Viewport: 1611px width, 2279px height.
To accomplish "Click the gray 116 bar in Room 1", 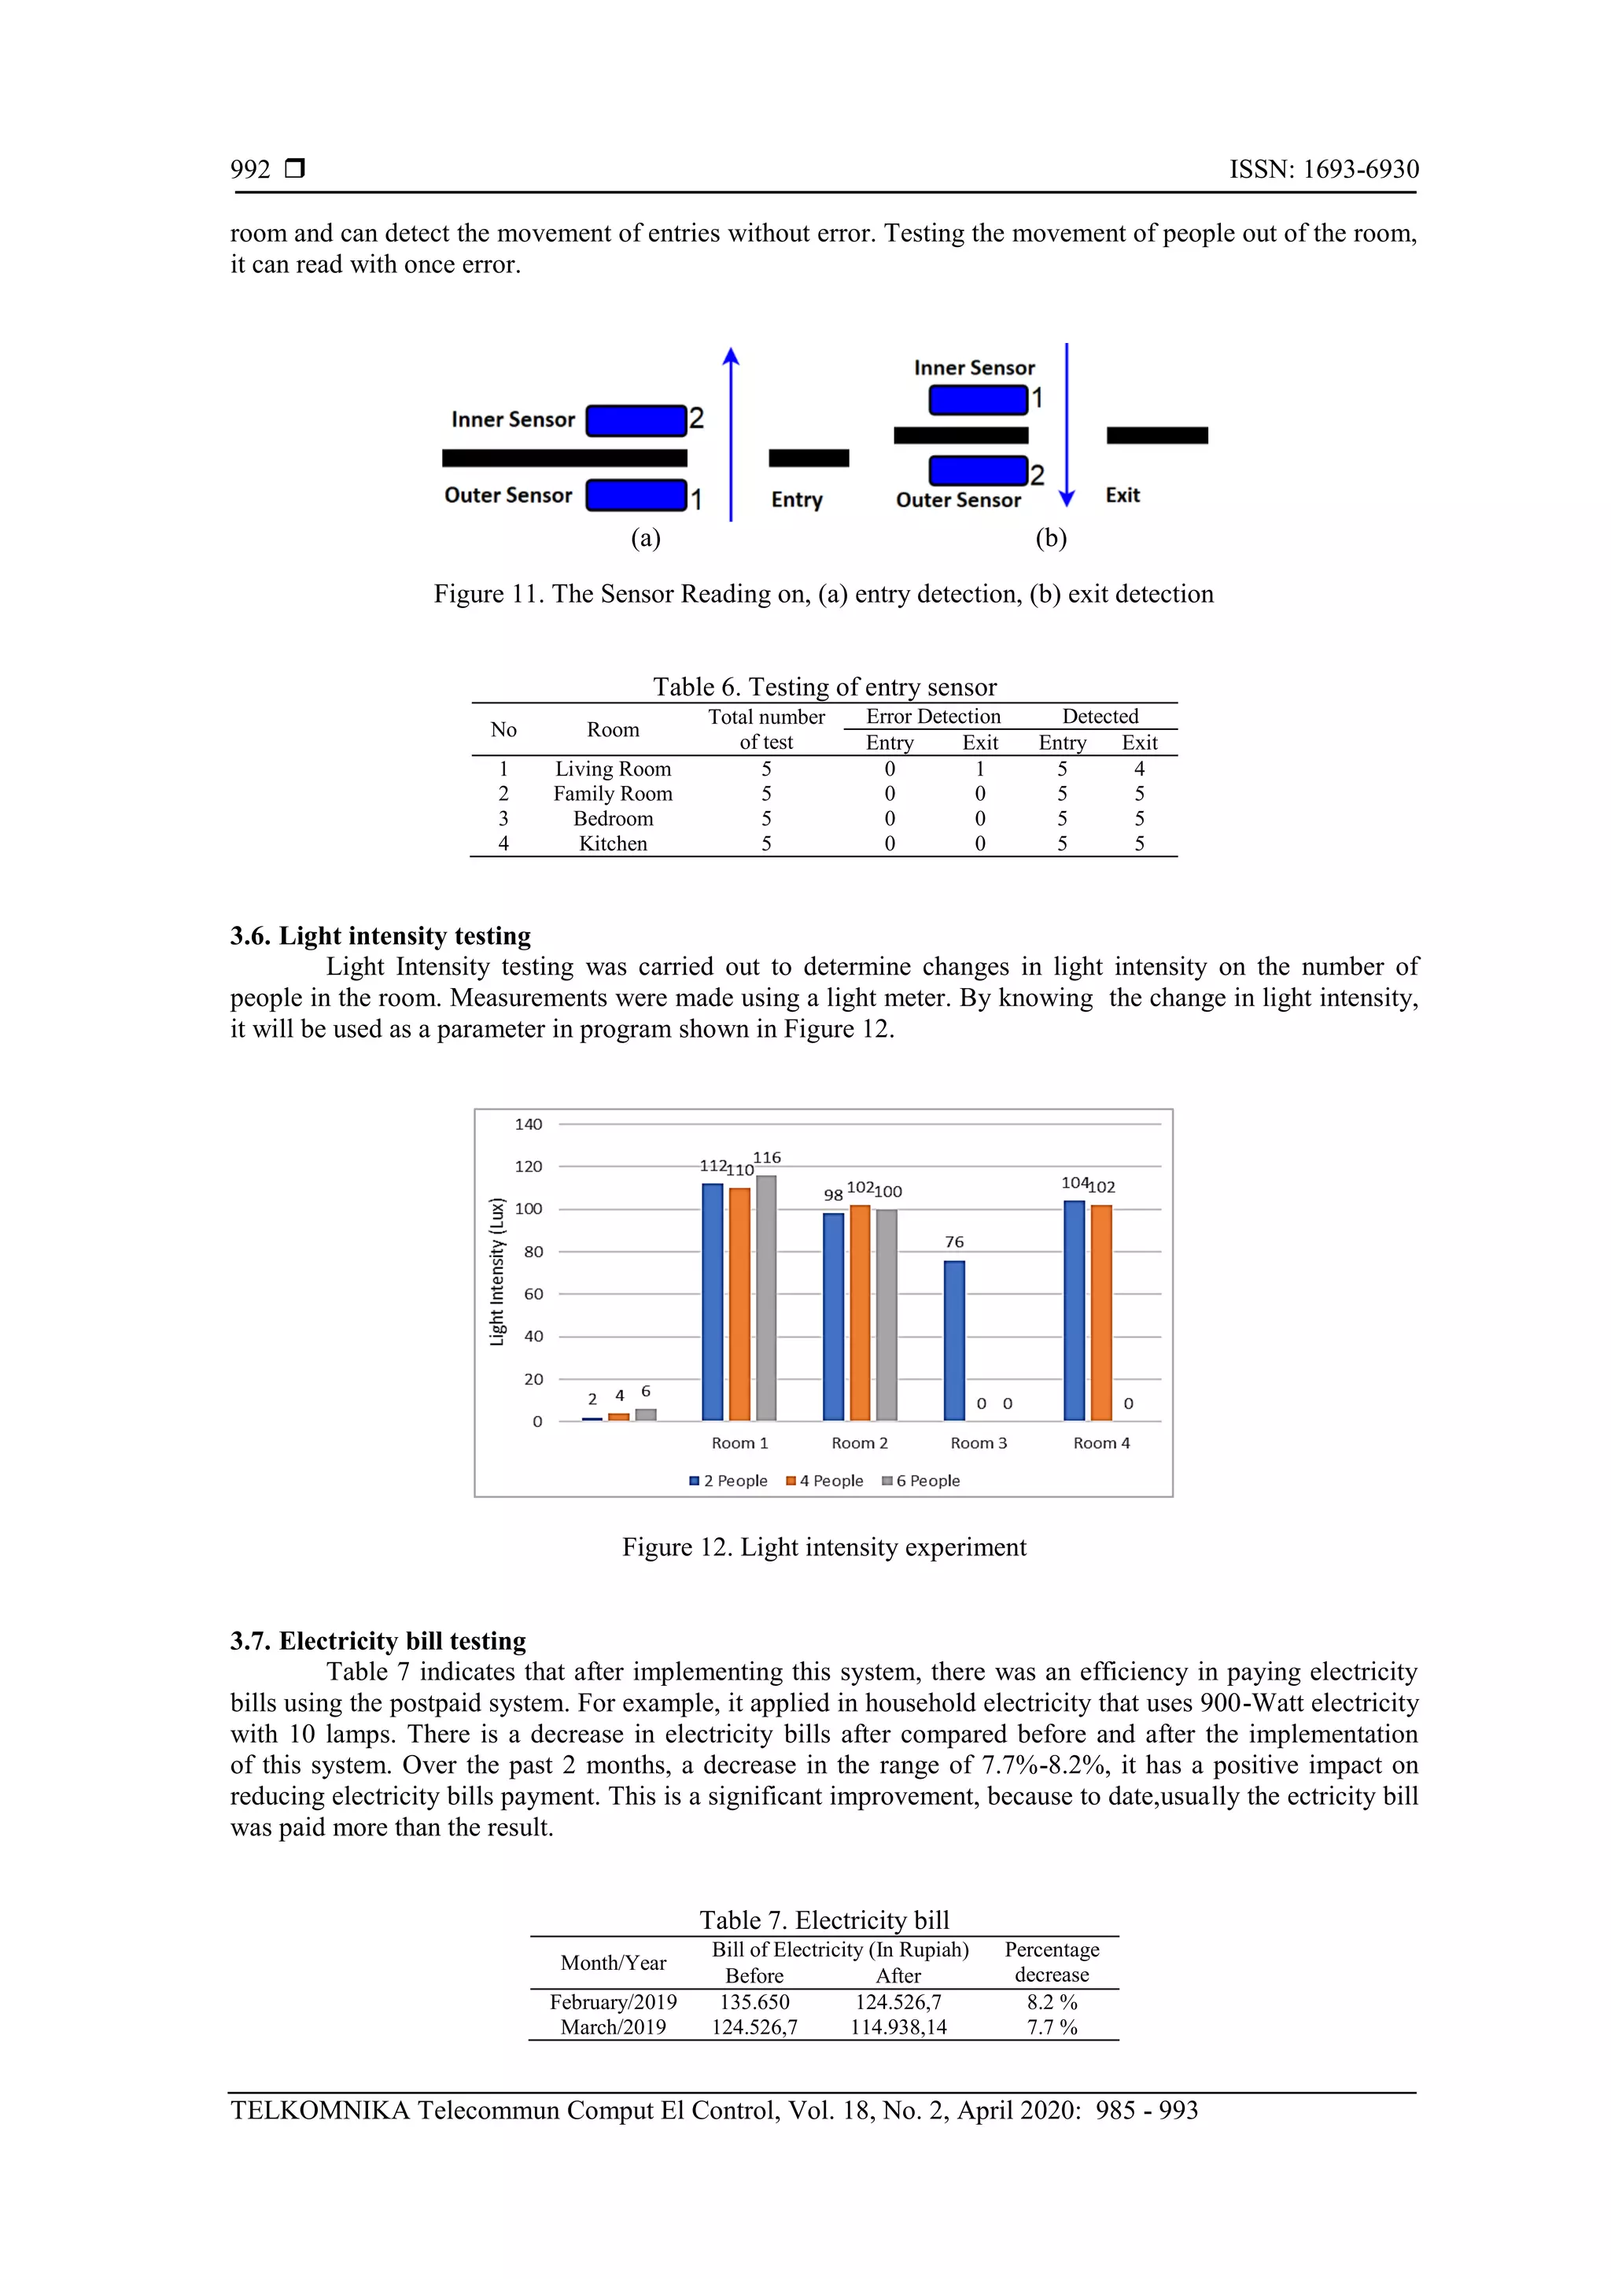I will tap(765, 1297).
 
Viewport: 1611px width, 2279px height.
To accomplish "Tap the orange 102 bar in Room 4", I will tap(1100, 1312).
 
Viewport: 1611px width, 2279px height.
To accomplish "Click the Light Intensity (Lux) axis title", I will tap(497, 1271).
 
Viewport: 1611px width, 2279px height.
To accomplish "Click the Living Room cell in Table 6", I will tap(613, 769).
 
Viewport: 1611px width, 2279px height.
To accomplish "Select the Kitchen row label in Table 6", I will tap(613, 843).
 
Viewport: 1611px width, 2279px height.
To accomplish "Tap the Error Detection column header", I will tap(933, 716).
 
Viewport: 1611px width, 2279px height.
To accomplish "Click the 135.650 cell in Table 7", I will tap(754, 2001).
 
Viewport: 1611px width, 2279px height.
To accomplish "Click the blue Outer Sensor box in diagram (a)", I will tap(636, 494).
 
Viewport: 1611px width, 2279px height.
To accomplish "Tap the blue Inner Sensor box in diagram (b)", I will tap(977, 399).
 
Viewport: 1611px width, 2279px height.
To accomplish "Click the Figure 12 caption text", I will tap(824, 1547).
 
